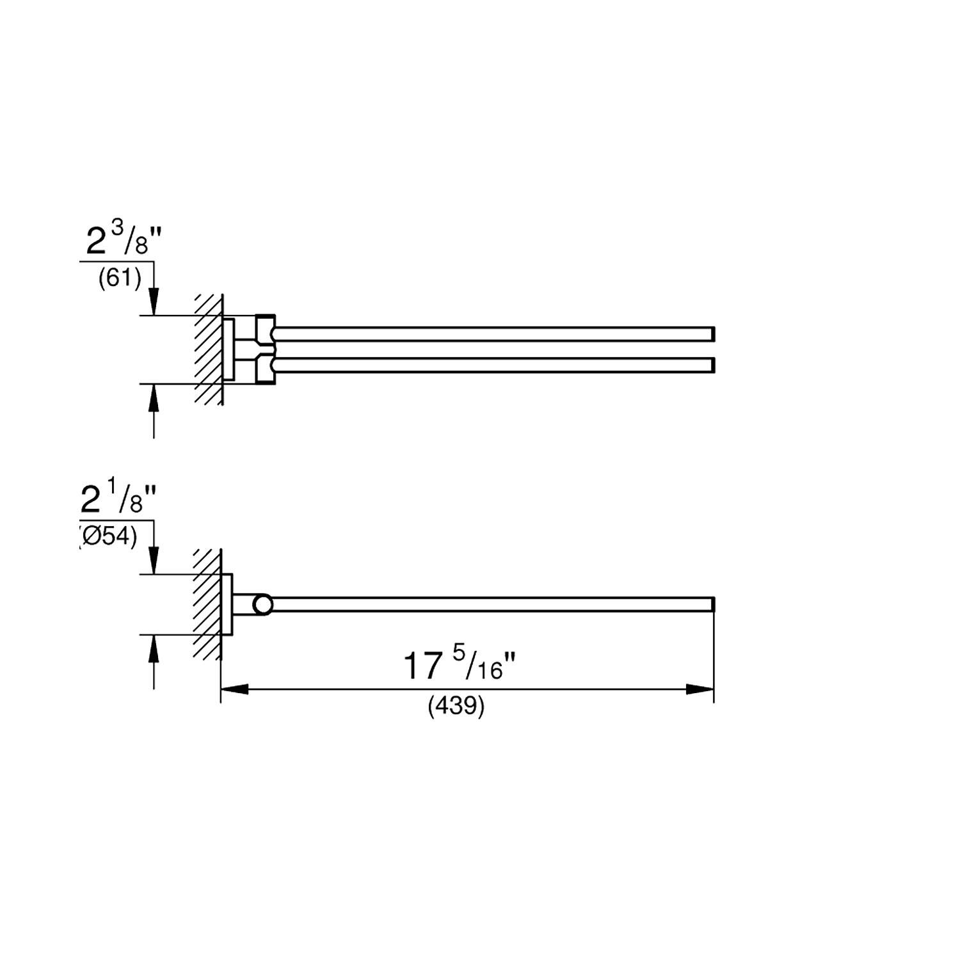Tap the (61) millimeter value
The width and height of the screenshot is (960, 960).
tap(120, 279)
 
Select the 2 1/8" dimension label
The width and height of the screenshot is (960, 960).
tap(119, 500)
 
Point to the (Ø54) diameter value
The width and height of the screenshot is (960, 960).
tap(109, 537)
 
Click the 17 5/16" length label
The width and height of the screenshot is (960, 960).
tap(458, 666)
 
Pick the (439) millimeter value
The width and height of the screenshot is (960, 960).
tap(456, 706)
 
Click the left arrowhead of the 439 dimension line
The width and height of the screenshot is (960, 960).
tap(234, 689)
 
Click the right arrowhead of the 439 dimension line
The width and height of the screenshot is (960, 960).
tap(700, 689)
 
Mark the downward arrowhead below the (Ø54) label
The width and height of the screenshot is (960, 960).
tap(154, 561)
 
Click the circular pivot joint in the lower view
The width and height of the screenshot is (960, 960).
tap(262, 605)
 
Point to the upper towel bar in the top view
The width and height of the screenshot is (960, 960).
tap(493, 334)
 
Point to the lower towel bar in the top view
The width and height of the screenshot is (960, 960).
tap(493, 365)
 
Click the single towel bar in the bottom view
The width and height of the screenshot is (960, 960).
tap(493, 605)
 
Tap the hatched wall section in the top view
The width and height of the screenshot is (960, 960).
tap(209, 349)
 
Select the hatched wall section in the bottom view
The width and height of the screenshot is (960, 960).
tap(209, 605)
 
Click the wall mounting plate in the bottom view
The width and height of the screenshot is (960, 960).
tap(227, 605)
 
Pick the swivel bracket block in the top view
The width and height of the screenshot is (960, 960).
tap(265, 349)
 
